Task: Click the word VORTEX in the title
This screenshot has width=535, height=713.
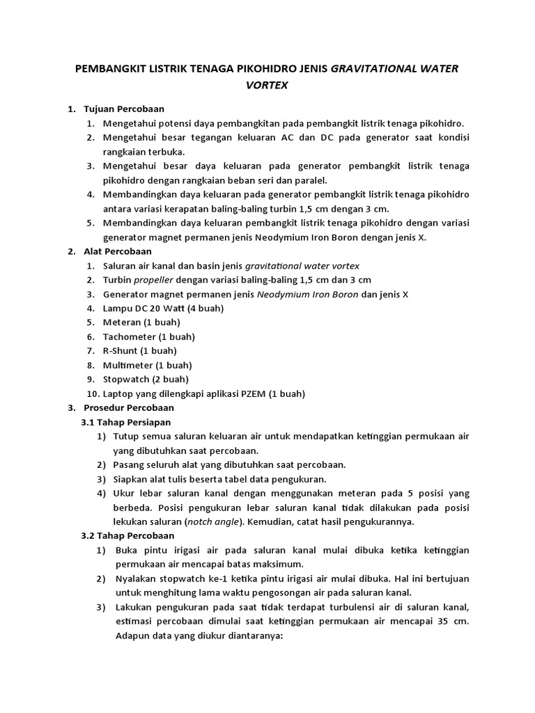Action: [267, 86]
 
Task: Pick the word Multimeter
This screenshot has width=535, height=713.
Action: [125, 365]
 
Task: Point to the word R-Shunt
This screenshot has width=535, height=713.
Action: [121, 351]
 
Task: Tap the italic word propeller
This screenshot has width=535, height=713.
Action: [153, 280]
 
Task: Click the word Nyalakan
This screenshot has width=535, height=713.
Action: [137, 579]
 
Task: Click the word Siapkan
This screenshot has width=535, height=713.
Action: [132, 479]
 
